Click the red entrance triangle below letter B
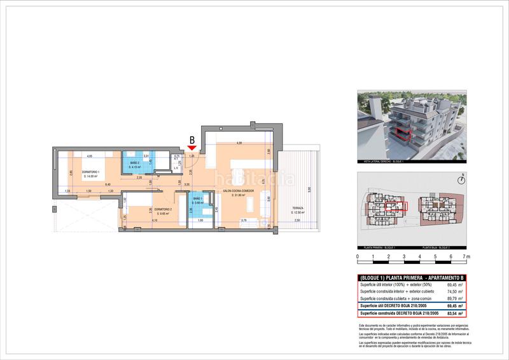[192, 148]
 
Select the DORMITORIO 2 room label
[163, 209]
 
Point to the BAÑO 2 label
[135, 163]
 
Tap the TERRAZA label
[298, 209]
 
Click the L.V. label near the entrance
[176, 168]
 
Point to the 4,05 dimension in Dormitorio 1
[90, 156]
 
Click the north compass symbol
[464, 179]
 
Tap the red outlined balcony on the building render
[400, 134]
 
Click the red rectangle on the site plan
[397, 206]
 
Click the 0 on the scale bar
[358, 256]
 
